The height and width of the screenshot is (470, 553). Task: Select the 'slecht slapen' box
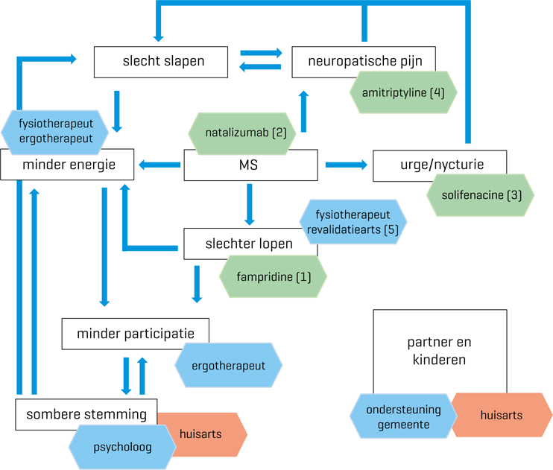click(x=160, y=62)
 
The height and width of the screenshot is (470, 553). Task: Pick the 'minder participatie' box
click(x=135, y=334)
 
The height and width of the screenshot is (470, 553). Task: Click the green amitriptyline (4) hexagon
click(x=403, y=92)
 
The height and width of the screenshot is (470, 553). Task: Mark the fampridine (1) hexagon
click(x=272, y=277)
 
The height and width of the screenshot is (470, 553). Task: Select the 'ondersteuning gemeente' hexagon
click(x=402, y=416)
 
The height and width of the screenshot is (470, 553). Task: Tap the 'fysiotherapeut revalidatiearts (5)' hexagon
click(x=352, y=221)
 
